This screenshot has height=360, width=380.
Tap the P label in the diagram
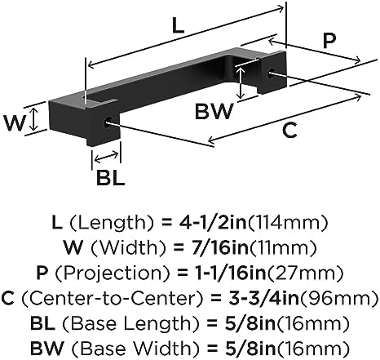tap(329, 41)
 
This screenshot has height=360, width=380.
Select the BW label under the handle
tap(214, 111)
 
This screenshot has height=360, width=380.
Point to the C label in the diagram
tap(289, 131)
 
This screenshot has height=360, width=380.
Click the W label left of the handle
tap(14, 123)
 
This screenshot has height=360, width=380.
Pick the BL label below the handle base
tap(111, 178)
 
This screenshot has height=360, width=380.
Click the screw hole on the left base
tap(108, 122)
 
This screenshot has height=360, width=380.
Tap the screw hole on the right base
tap(272, 73)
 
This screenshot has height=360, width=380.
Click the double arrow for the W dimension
tap(33, 119)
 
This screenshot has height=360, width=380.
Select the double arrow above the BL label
tap(106, 158)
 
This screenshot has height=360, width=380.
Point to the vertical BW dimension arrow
tap(240, 82)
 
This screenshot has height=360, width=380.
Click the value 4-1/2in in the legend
tap(213, 223)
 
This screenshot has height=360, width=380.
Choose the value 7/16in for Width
tap(218, 247)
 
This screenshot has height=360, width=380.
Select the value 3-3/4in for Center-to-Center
tap(263, 298)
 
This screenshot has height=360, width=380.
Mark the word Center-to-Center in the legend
tap(113, 298)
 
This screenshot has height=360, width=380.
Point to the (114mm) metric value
tap(288, 223)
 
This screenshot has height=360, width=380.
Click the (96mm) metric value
tap(338, 298)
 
